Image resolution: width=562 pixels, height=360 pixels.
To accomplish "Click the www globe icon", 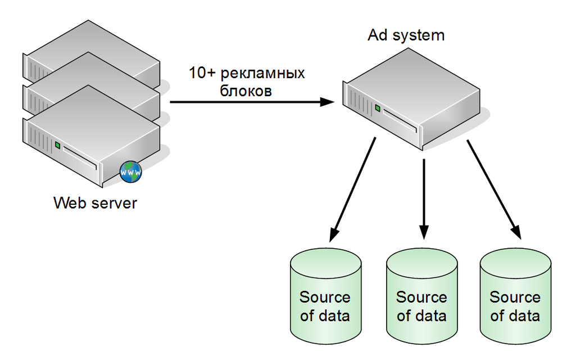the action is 131,172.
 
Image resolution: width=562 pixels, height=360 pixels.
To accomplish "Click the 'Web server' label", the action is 96,203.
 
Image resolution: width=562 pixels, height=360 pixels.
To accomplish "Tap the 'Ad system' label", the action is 406,35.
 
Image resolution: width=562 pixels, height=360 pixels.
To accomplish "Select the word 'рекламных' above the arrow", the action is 262,73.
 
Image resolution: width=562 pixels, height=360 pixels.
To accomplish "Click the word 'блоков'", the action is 246,91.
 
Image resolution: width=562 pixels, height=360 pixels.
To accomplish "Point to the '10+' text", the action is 202,73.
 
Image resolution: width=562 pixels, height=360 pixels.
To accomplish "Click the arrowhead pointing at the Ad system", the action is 327,102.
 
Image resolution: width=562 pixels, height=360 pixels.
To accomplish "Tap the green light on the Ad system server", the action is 378,108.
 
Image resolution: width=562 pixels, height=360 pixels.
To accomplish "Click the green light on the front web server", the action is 57,145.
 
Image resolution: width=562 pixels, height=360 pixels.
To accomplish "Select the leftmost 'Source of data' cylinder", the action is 325,296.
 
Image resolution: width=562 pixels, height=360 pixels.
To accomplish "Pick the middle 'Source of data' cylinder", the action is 422,296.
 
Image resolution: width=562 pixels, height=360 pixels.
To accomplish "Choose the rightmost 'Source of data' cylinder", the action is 515,296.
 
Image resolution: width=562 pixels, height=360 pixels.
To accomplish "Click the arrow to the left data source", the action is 352,190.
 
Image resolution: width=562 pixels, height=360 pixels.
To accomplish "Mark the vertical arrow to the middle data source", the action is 424,199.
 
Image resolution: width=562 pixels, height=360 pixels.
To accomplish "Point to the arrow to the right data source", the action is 494,190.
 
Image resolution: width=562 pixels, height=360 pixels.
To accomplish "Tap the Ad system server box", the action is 411,99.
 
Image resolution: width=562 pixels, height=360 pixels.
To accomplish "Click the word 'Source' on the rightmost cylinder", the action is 515,297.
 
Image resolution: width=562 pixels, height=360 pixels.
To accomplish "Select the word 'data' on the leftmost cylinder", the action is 334,316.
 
